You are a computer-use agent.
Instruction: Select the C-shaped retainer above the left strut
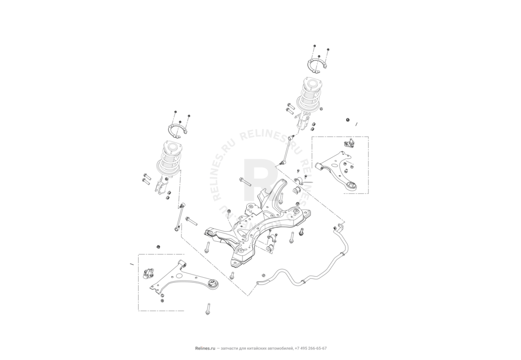(177, 131)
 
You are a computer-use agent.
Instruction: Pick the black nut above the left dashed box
(158, 245)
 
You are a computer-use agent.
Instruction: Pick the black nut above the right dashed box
(347, 120)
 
